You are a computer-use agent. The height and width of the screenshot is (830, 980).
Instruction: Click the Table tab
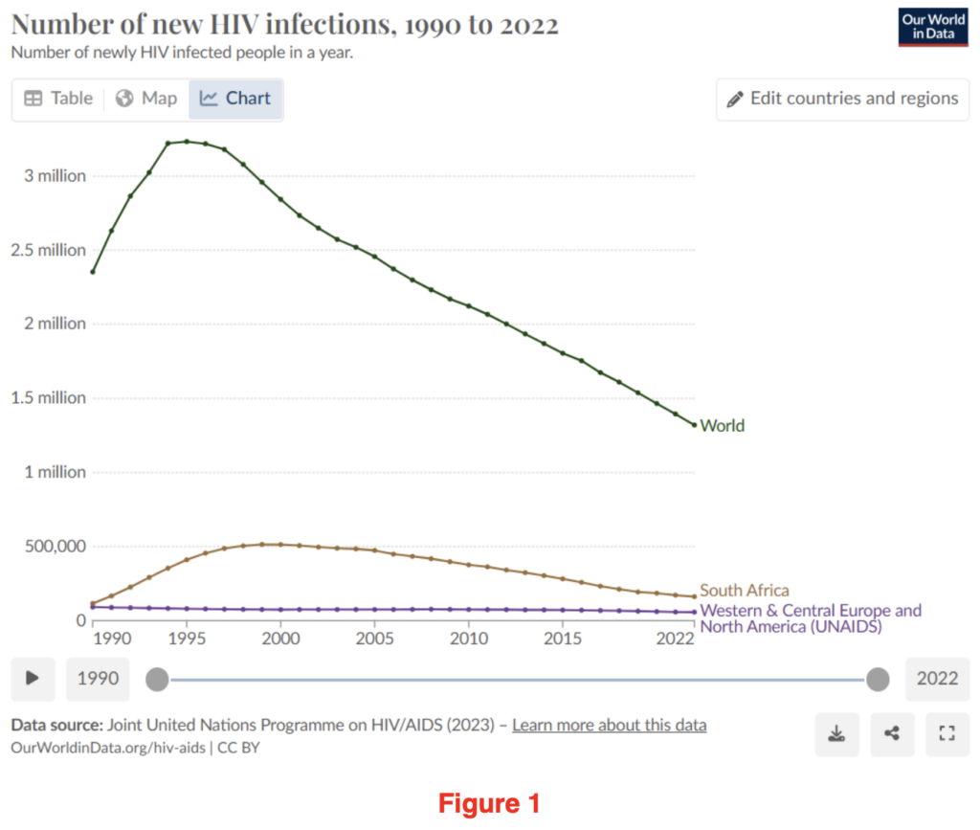pos(58,99)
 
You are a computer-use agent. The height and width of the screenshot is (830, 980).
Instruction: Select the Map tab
pos(146,99)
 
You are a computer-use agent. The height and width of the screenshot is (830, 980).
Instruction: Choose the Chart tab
pos(235,99)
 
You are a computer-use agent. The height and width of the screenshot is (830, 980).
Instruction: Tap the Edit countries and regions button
pos(842,99)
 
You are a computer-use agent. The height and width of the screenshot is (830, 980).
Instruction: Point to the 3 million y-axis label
pos(54,176)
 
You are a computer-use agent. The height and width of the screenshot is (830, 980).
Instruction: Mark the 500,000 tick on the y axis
pos(54,547)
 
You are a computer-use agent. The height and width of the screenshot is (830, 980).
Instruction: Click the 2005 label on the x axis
pos(374,639)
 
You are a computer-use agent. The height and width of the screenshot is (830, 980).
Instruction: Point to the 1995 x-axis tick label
pos(187,639)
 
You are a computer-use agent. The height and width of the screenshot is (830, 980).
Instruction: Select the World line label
pos(723,426)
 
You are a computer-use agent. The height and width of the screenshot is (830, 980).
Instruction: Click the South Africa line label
pos(745,591)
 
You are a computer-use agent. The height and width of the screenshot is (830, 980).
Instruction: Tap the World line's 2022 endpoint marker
pos(694,425)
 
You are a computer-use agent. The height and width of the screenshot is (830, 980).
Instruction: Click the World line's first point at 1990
pos(93,272)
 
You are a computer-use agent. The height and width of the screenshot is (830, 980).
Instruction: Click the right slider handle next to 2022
pos(878,680)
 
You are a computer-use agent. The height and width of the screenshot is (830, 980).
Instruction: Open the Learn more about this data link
pos(610,725)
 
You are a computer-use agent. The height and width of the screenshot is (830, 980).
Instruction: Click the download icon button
pos(837,734)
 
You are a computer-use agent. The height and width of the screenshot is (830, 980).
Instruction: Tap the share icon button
pos(892,734)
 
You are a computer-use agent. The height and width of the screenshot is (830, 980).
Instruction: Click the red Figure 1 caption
pos(490,802)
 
